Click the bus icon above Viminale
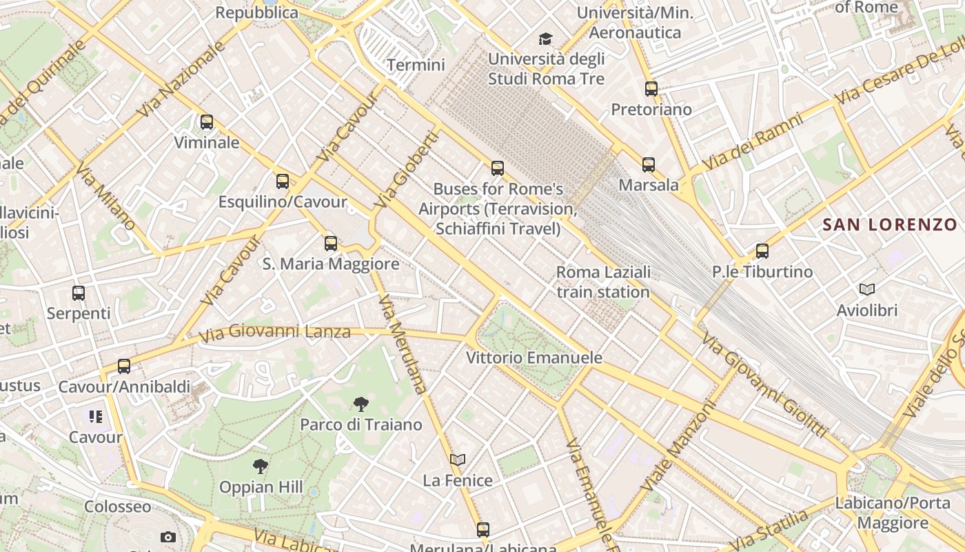coord(207,122)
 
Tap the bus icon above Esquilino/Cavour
coord(283,181)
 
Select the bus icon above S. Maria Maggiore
coord(331,243)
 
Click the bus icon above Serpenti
coord(79,293)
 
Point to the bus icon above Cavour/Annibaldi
coord(124,366)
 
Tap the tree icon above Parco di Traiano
coord(360,404)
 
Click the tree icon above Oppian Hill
coord(261,466)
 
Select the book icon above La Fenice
coord(458,460)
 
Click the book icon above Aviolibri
coord(867,290)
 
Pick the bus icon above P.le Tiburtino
coord(762,251)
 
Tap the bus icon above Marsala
coord(649,164)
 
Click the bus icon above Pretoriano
coord(651,88)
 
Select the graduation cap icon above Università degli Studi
coord(546,39)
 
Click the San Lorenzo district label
coord(890,224)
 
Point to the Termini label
coord(416,65)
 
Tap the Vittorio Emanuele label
coord(534,357)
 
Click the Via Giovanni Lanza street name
coord(275,333)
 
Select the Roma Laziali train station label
coord(603,282)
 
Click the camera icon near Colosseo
coord(167,537)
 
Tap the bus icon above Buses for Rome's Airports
coord(498,168)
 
